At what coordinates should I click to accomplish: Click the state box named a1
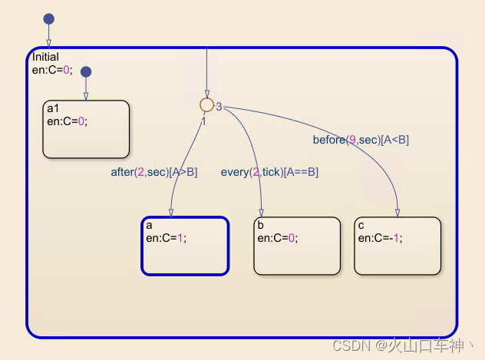(x=85, y=129)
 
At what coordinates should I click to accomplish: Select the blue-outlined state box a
(x=185, y=246)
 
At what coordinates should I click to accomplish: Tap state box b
(x=296, y=246)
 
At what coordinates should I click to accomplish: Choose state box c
(x=398, y=246)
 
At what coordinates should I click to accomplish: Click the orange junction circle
(x=206, y=105)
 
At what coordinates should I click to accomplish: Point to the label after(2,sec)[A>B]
(x=154, y=172)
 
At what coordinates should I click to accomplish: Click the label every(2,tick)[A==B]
(x=269, y=172)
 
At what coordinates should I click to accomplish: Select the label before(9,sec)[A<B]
(x=361, y=139)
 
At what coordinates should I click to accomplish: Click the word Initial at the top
(x=45, y=57)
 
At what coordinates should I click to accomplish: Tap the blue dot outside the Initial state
(x=48, y=18)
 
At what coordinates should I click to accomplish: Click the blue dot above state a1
(x=86, y=71)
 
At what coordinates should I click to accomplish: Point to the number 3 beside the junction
(x=219, y=107)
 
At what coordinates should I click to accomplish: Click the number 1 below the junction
(x=204, y=121)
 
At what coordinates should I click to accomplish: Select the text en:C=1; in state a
(x=166, y=238)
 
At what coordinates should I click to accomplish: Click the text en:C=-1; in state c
(x=380, y=238)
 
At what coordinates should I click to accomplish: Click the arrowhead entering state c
(x=398, y=213)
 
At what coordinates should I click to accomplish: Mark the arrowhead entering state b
(x=262, y=213)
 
